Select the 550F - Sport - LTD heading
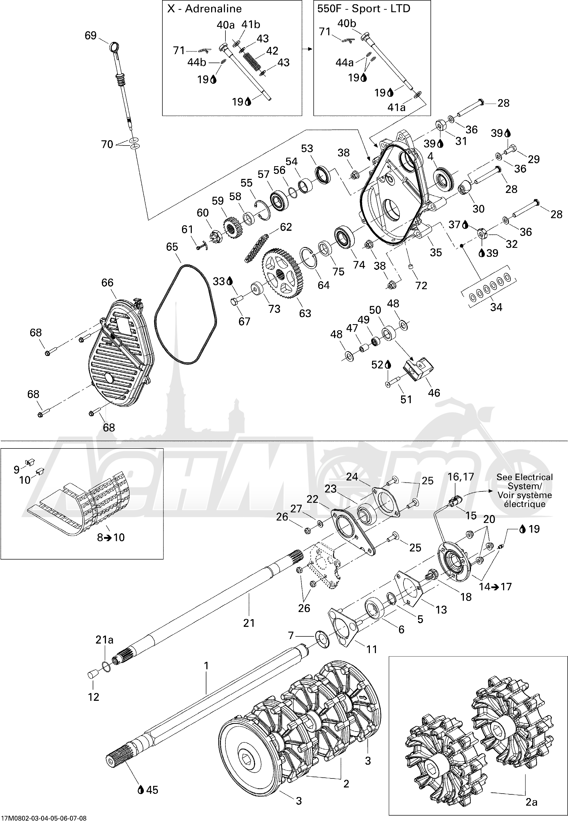pyautogui.click(x=364, y=8)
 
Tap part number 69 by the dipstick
pyautogui.click(x=91, y=36)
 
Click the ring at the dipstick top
pyautogui.click(x=114, y=47)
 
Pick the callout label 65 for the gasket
pyautogui.click(x=172, y=247)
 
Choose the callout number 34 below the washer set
pyautogui.click(x=496, y=307)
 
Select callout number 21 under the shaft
pyautogui.click(x=249, y=623)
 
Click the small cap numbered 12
pyautogui.click(x=93, y=675)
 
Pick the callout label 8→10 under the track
pyautogui.click(x=111, y=537)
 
